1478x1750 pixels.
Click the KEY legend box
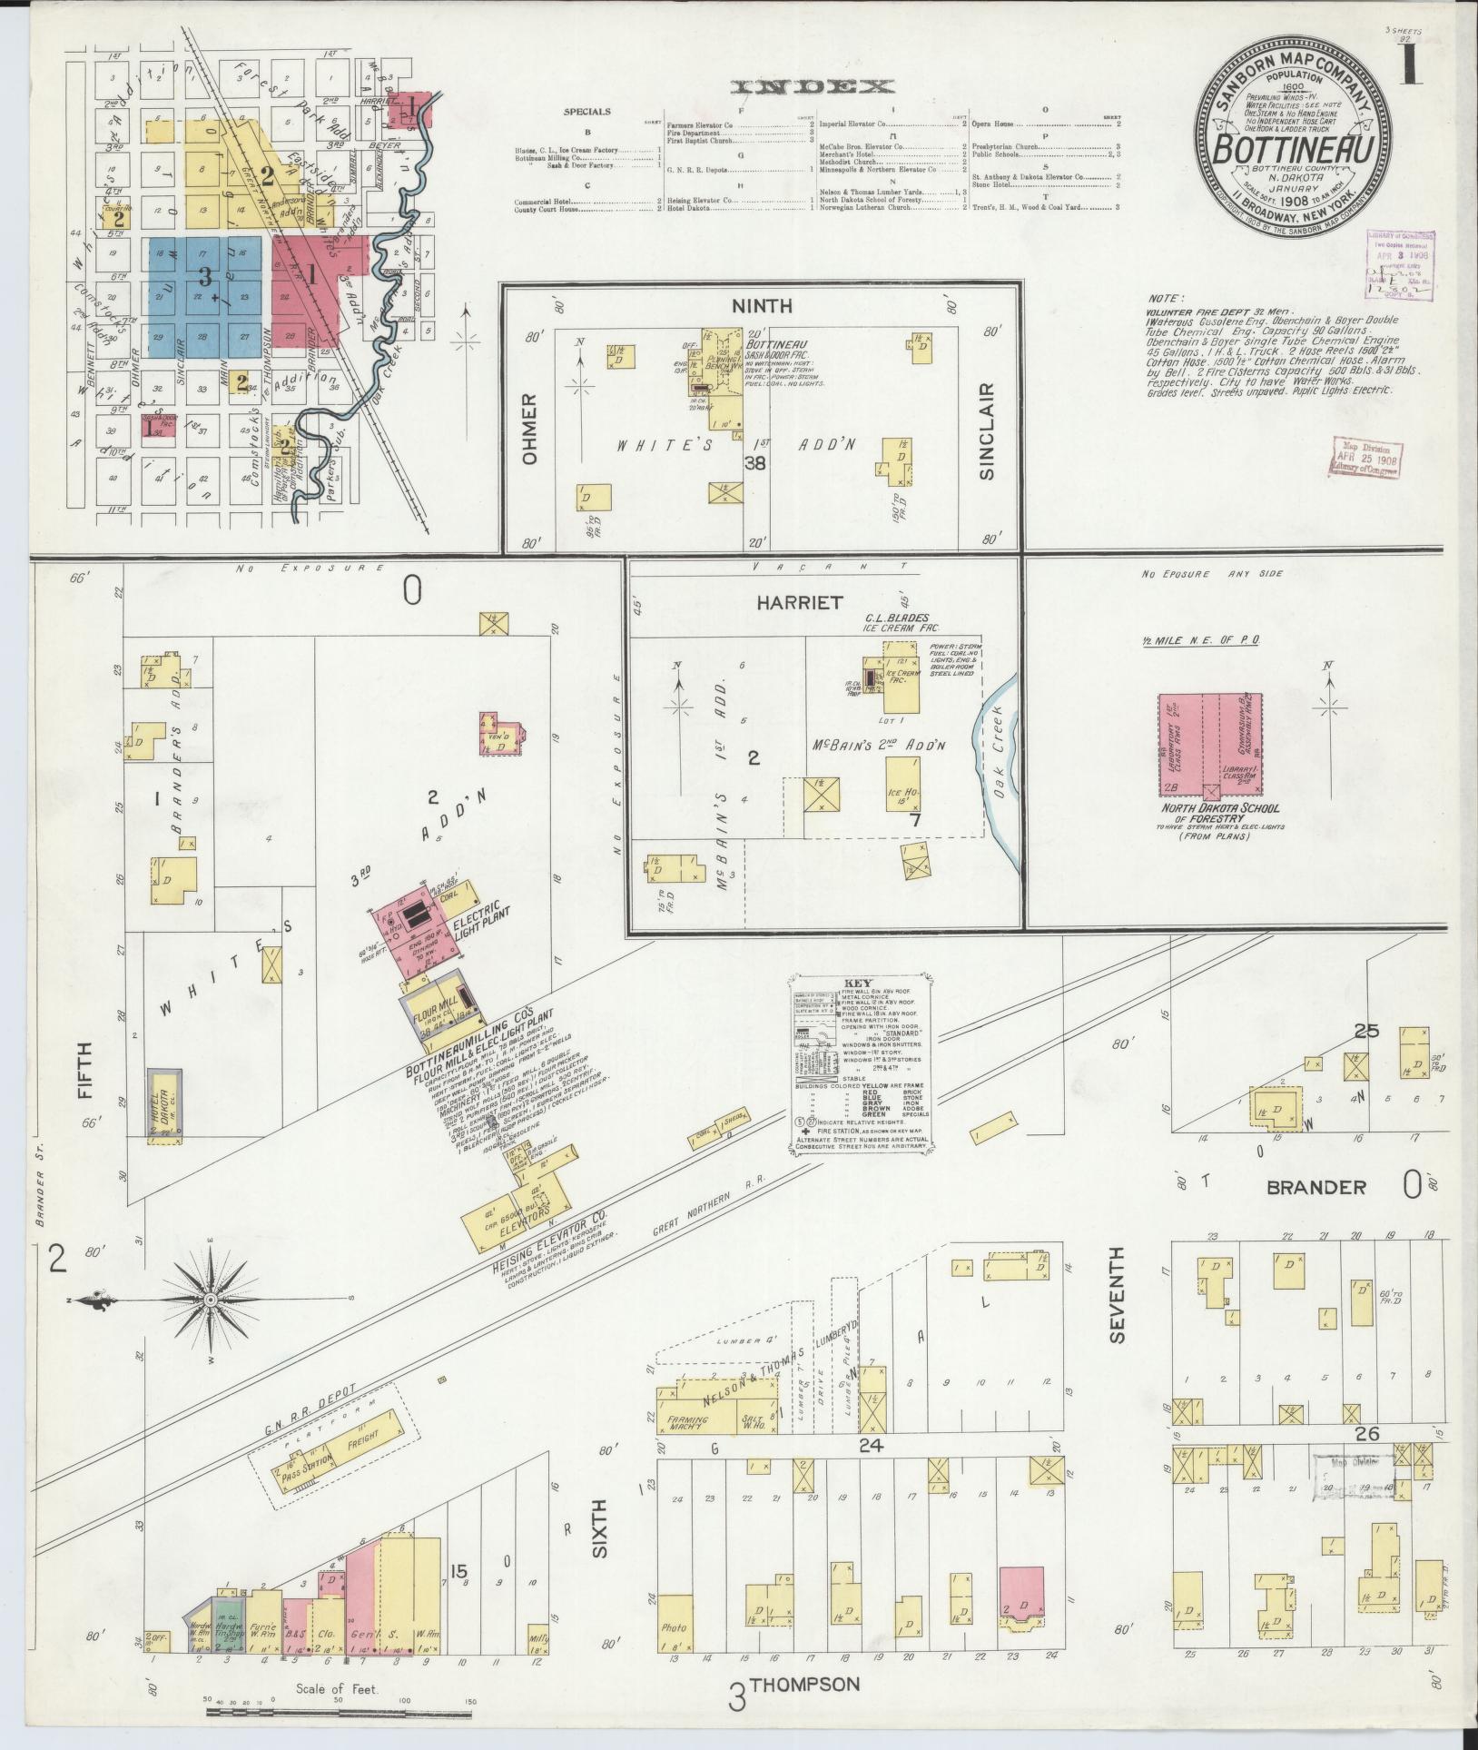pyautogui.click(x=858, y=1064)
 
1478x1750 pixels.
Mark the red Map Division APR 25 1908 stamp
pyautogui.click(x=1367, y=456)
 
